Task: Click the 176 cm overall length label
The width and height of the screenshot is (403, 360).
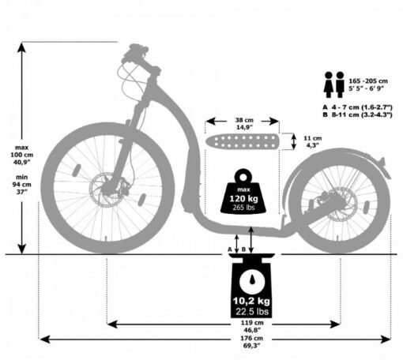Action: (251, 342)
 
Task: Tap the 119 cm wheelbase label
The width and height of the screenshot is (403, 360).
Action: (252, 326)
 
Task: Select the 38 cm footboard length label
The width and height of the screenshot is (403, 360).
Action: (244, 124)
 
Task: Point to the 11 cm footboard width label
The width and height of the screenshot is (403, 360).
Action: (313, 141)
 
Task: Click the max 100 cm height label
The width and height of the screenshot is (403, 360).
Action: (21, 155)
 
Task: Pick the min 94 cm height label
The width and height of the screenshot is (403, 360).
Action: (21, 185)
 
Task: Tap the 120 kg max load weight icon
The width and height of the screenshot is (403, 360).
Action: (243, 191)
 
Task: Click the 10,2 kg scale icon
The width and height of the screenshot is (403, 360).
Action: (252, 286)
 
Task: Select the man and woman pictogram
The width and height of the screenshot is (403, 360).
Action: (334, 84)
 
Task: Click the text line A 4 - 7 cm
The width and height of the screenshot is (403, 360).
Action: (357, 107)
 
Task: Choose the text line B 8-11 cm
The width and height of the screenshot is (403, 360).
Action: (357, 114)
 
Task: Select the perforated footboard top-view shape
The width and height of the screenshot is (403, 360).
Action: (242, 141)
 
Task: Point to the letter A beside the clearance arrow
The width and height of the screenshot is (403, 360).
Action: (230, 249)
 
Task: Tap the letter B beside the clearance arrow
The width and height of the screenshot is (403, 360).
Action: (243, 249)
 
